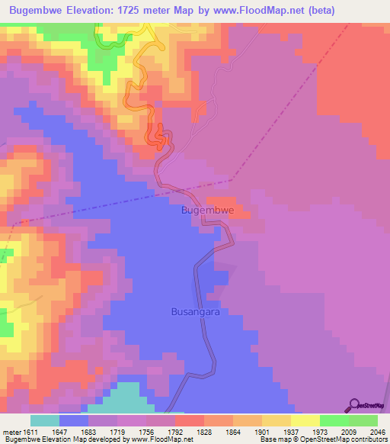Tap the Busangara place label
click(195, 312)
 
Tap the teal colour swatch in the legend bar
click(44, 420)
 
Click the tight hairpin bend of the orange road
click(159, 137)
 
